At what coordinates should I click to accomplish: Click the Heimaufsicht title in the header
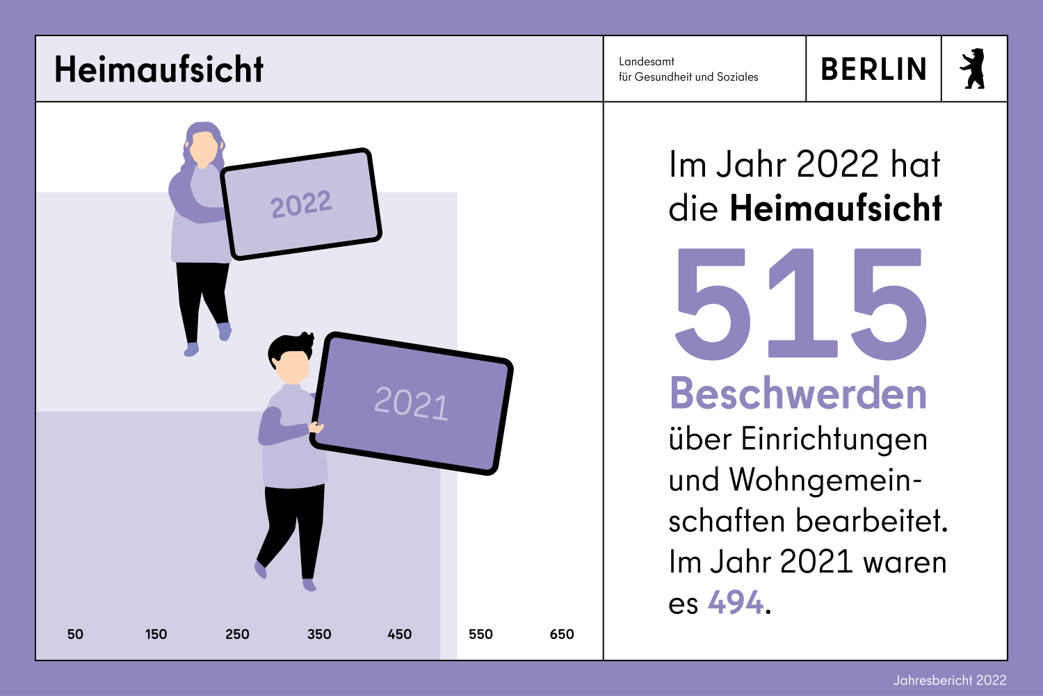pos(159,70)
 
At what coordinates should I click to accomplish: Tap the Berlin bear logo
pos(973,69)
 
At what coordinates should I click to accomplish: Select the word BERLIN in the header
pos(873,70)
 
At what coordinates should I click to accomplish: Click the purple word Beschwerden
pos(798,394)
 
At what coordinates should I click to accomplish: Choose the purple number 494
pos(736,602)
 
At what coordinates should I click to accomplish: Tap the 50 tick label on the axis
pos(75,634)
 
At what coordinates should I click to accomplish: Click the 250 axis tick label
pos(237,634)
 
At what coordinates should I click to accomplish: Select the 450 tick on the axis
pos(400,634)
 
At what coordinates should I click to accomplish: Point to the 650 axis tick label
pos(562,634)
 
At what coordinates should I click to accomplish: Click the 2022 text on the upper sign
pos(301,204)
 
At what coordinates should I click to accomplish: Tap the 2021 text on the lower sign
pos(411,403)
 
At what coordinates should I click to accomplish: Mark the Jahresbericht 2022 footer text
pos(950,680)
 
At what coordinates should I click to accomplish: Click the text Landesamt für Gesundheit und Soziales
pos(688,69)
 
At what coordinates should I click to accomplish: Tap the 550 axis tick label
pos(480,634)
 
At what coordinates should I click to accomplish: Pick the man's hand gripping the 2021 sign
pos(316,427)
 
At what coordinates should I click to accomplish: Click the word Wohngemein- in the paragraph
pos(825,480)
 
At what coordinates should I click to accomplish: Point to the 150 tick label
pos(156,634)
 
